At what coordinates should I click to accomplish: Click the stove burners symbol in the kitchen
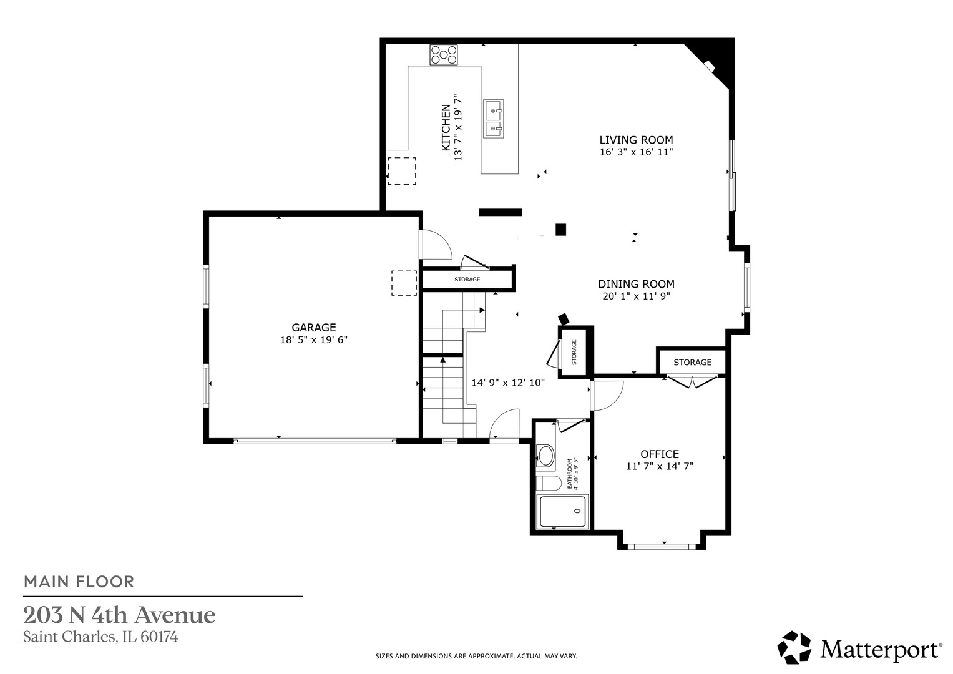pos(444,54)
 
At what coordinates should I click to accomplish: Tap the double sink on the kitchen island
pos(494,119)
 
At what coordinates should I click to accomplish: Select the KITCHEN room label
pos(446,127)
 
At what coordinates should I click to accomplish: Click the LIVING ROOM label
pos(636,140)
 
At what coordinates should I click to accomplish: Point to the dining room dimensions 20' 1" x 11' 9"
pos(636,296)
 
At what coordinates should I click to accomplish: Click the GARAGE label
pos(313,327)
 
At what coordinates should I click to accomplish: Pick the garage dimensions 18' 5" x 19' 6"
pos(313,340)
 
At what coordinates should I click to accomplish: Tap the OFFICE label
pos(660,454)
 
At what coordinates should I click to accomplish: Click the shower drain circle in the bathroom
pos(577,511)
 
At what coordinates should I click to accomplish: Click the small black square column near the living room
pos(560,230)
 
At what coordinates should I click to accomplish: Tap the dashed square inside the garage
pos(404,283)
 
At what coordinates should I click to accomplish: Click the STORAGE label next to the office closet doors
pos(692,362)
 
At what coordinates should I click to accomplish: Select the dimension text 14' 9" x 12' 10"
pos(508,383)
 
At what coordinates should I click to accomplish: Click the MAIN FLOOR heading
pos(79,582)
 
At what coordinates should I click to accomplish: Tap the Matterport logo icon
pos(794,648)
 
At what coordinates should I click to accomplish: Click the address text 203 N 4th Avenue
pos(119,615)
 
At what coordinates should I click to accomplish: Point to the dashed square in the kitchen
pos(402,171)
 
